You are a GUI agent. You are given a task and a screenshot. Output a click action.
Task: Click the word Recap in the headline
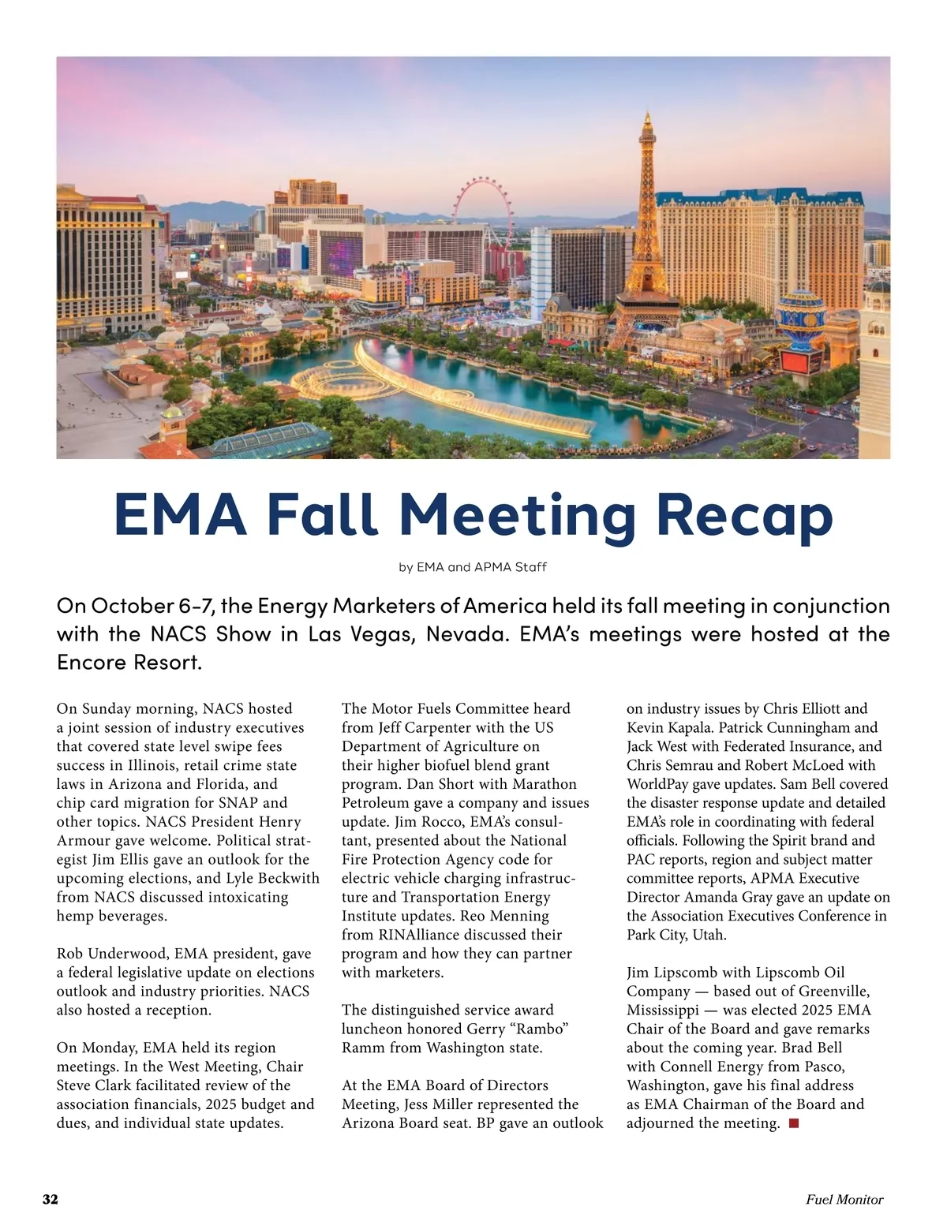(x=744, y=514)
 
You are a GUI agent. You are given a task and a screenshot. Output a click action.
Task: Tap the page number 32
(x=51, y=1199)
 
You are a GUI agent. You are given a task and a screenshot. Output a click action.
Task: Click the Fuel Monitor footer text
(x=844, y=1199)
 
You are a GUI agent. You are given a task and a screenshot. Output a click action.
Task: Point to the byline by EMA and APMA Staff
(x=473, y=567)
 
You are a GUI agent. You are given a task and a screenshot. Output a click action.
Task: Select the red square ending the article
(x=794, y=1123)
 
